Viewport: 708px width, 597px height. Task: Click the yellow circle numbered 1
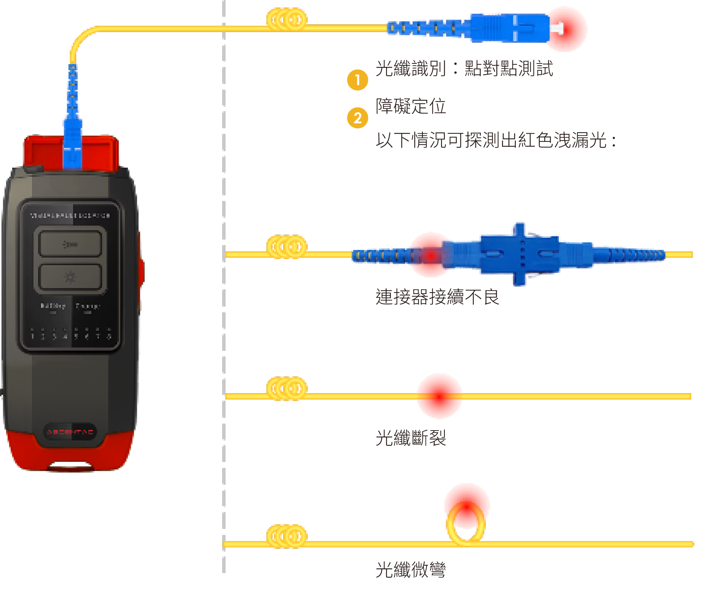pyautogui.click(x=357, y=80)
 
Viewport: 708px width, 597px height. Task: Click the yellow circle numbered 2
pyautogui.click(x=357, y=118)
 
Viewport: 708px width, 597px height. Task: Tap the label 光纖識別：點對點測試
pyautogui.click(x=464, y=68)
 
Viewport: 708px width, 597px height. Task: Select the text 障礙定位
pyautogui.click(x=411, y=106)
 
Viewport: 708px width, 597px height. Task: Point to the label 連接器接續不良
pyautogui.click(x=437, y=297)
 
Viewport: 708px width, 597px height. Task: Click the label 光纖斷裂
pyautogui.click(x=411, y=438)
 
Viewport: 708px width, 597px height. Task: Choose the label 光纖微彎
pyautogui.click(x=411, y=569)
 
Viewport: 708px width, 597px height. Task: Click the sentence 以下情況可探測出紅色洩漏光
pyautogui.click(x=495, y=140)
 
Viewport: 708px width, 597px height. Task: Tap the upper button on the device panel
pyautogui.click(x=70, y=244)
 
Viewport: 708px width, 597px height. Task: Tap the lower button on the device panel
pyautogui.click(x=70, y=277)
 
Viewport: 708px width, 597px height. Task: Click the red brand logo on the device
pyautogui.click(x=70, y=432)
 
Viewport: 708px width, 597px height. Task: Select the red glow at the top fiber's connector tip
pyautogui.click(x=570, y=29)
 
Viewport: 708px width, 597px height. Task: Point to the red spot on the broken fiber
pyautogui.click(x=439, y=396)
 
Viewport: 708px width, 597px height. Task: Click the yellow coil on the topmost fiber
pyautogui.click(x=287, y=19)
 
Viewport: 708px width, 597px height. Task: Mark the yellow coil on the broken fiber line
pyautogui.click(x=287, y=388)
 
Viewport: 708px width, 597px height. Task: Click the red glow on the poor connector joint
pyautogui.click(x=430, y=255)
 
